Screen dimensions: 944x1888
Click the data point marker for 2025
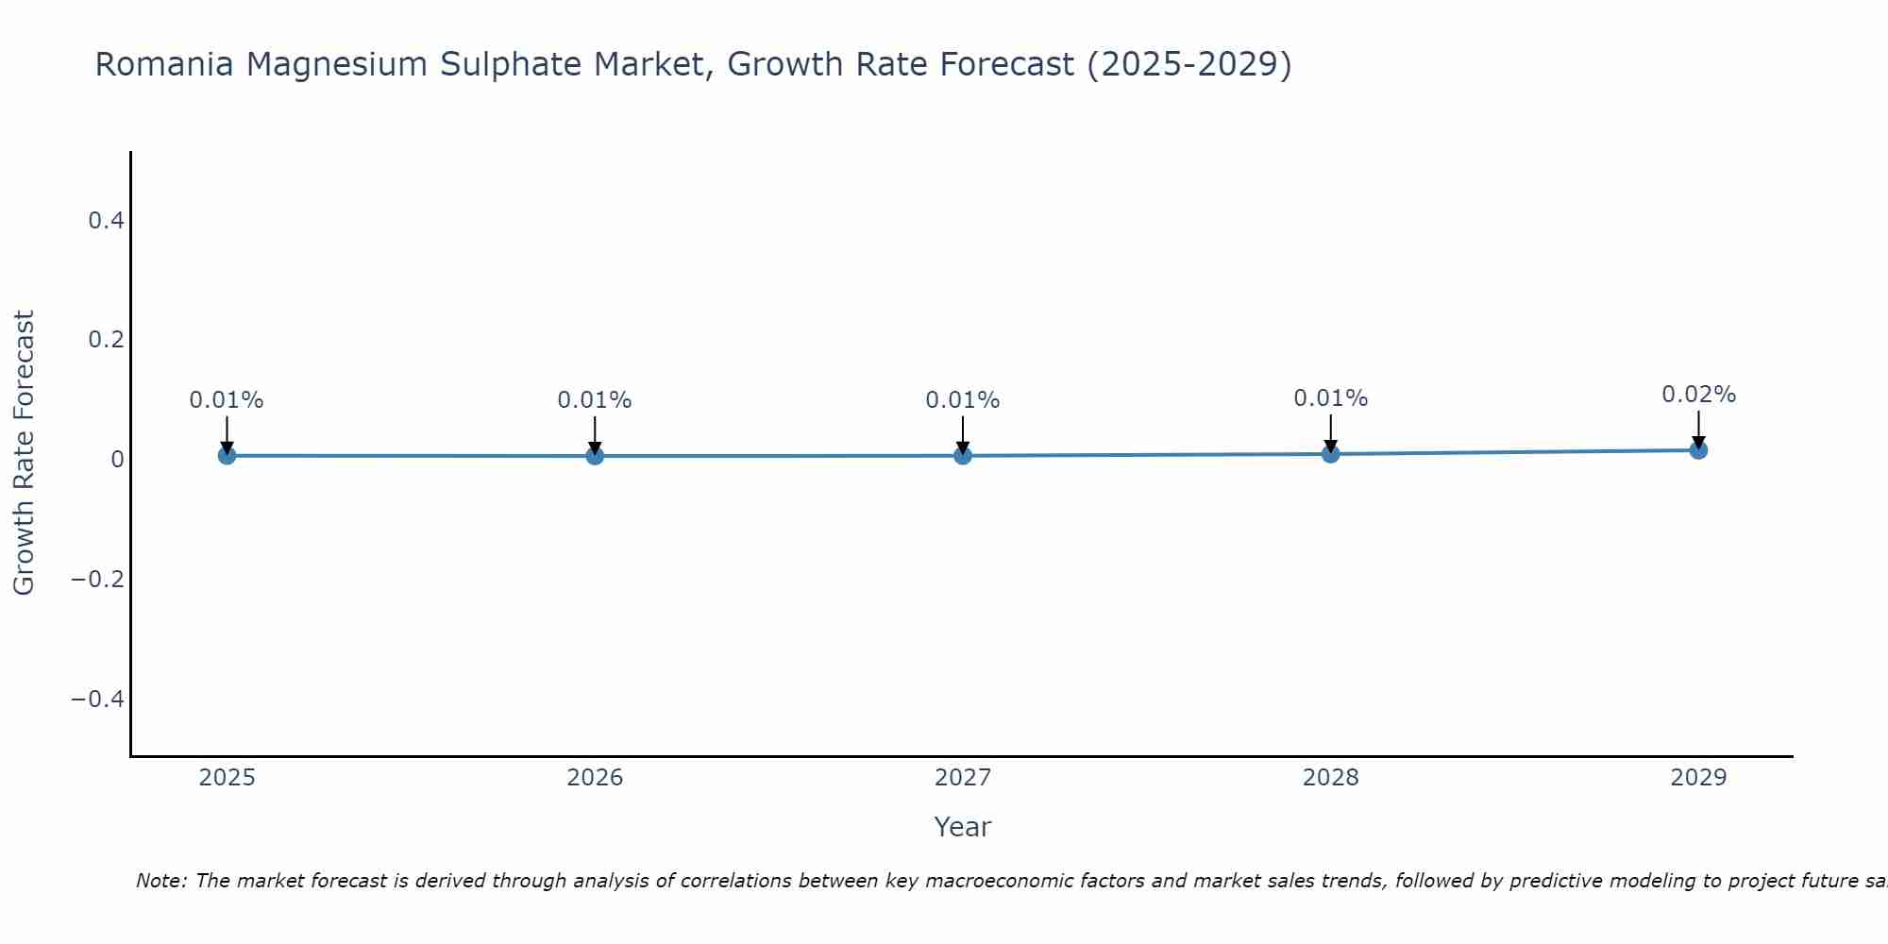(227, 455)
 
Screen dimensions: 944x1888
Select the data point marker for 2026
(595, 456)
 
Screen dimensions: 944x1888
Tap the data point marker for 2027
(963, 456)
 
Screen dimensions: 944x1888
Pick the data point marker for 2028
(1330, 454)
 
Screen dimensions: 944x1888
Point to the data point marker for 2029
(1698, 450)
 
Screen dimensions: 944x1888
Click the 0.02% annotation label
(1698, 395)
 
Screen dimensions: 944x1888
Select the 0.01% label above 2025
(227, 400)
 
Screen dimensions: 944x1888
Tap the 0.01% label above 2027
(963, 400)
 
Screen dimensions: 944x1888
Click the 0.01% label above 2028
(1330, 398)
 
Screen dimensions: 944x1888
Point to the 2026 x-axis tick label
(595, 778)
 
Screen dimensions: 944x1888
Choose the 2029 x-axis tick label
(1698, 778)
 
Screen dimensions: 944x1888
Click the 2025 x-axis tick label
(227, 778)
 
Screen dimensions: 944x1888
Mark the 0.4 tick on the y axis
(106, 220)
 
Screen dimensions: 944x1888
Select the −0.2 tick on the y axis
(98, 579)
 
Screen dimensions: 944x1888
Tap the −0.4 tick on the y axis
(98, 699)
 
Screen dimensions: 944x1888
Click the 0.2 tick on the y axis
(106, 339)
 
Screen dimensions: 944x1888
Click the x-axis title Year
(962, 827)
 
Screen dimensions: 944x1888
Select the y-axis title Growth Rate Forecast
(24, 453)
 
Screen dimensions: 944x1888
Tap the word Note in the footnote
(160, 881)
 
